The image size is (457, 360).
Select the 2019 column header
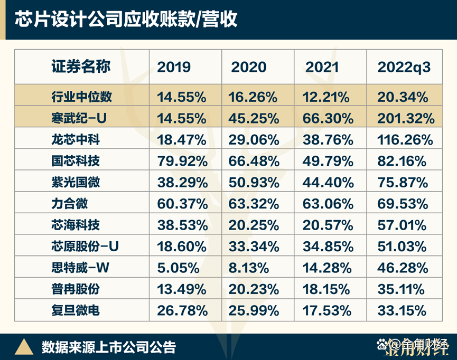pos(174,67)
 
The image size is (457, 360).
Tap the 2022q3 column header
pos(404,67)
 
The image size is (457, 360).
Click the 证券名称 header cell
pos(81,67)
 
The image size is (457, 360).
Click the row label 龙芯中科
pos(76,140)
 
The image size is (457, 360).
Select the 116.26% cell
pos(405,140)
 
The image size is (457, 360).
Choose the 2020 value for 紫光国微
pos(254,183)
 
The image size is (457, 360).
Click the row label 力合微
pos(70,204)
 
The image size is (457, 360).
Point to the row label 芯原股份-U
pos(85,247)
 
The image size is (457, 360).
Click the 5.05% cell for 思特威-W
pos(178,268)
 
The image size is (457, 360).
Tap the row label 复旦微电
pos(76,310)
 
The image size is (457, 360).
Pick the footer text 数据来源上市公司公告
pos(108,347)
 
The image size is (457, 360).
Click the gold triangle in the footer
pos(23,346)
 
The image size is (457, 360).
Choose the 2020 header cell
pos(249,67)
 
